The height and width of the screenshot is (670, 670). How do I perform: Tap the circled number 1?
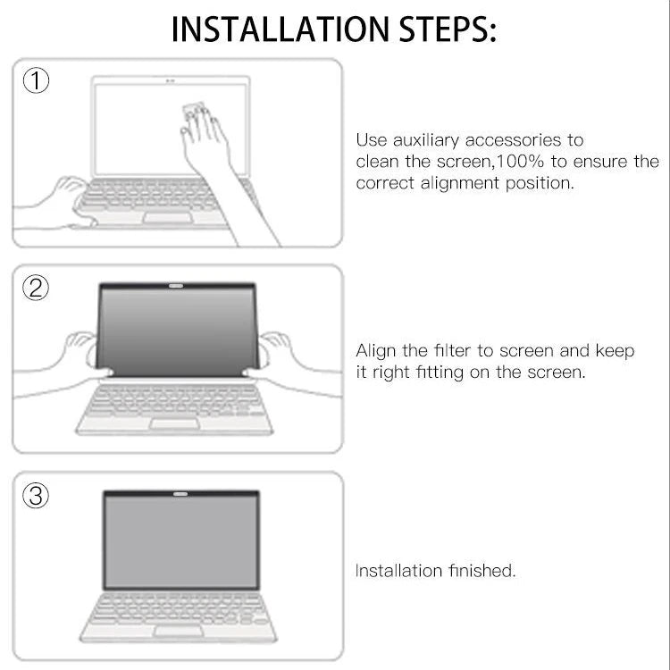(36, 81)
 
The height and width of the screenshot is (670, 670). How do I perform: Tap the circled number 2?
(36, 288)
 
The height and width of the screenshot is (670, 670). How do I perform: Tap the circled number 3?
(36, 496)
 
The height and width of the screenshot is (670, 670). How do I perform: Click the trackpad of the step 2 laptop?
(174, 423)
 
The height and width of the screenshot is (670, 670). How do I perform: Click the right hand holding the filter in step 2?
(278, 351)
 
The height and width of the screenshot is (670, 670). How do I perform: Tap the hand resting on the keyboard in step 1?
(67, 195)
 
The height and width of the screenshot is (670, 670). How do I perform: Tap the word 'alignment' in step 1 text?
(458, 183)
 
